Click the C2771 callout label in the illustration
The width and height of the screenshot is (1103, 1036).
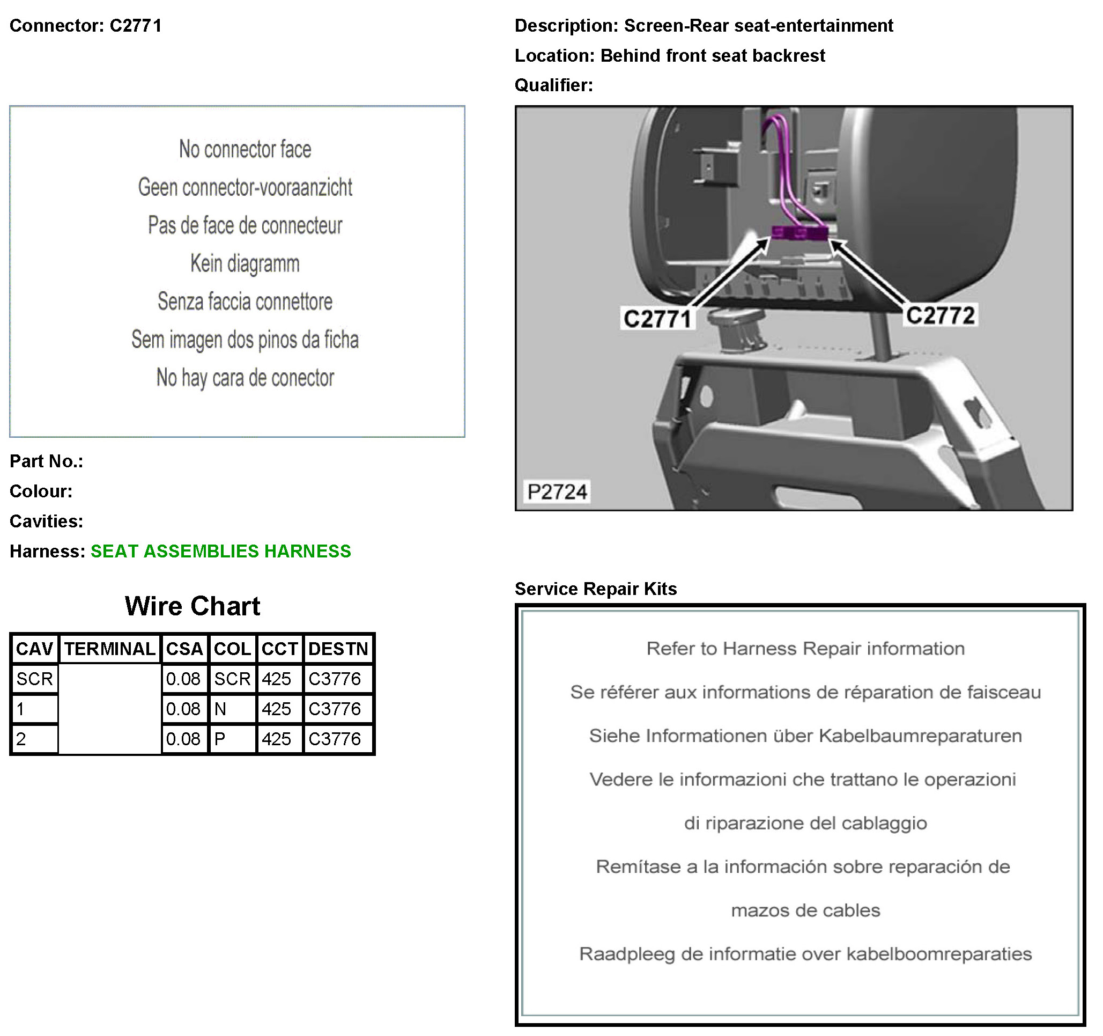(x=657, y=319)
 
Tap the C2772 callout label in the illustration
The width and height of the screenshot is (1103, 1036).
(x=940, y=315)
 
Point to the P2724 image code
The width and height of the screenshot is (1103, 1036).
(x=557, y=491)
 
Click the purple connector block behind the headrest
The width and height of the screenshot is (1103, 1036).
(x=800, y=233)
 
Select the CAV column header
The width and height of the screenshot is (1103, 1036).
(x=34, y=649)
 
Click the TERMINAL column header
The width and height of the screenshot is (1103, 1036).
(x=109, y=649)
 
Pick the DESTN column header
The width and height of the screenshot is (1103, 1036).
(x=338, y=649)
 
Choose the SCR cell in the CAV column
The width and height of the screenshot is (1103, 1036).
(x=34, y=679)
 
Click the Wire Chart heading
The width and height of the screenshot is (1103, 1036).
(x=192, y=606)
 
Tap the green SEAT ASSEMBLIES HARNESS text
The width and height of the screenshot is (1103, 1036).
(x=221, y=551)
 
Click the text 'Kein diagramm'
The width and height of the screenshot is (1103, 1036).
(x=245, y=263)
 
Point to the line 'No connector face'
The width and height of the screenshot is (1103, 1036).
(x=245, y=149)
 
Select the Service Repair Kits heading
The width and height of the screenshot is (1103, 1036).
(x=595, y=589)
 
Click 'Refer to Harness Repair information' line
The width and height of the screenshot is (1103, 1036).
(x=805, y=649)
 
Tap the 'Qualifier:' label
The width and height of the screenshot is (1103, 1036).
(x=553, y=85)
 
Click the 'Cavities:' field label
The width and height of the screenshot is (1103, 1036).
(x=46, y=521)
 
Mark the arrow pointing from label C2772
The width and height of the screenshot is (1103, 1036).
(x=865, y=272)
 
